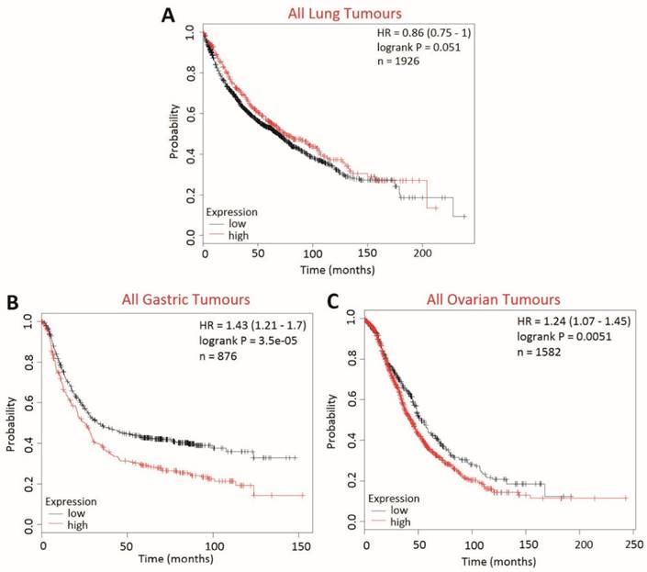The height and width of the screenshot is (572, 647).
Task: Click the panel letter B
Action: (x=14, y=303)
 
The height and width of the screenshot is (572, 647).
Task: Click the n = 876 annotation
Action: (x=221, y=362)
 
